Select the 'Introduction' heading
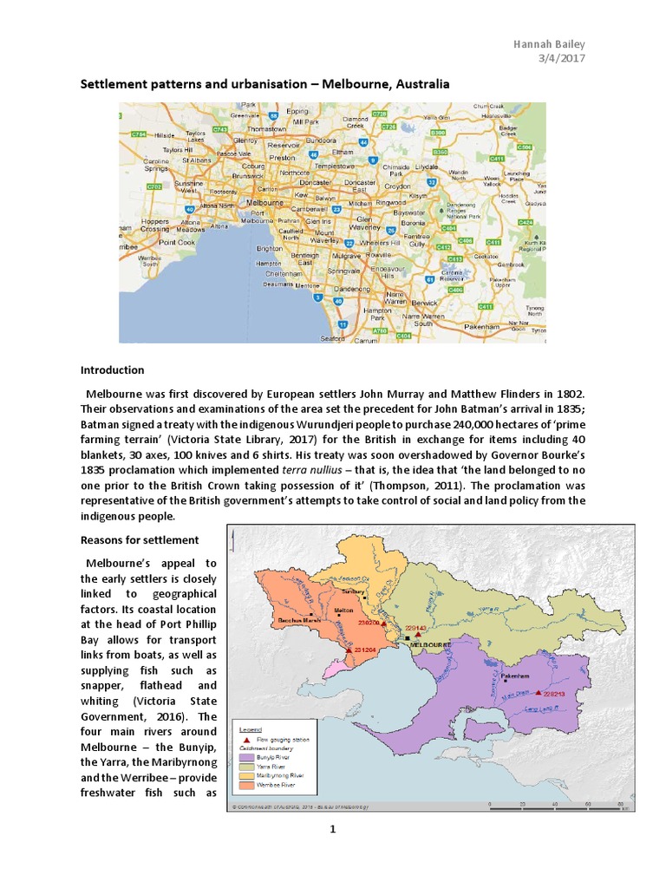[x=112, y=369]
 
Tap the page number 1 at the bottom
[x=331, y=831]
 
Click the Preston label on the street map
[x=283, y=158]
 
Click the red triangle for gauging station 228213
[x=539, y=693]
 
